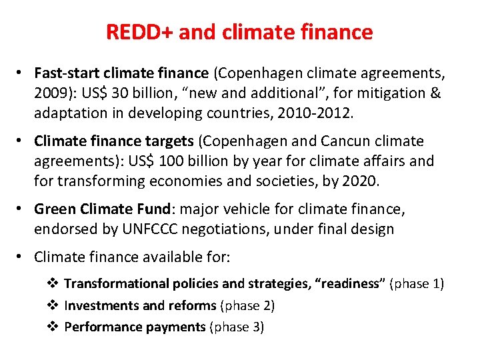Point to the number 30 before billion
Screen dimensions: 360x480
(125, 92)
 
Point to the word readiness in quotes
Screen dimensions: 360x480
(351, 283)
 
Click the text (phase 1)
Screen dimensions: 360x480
(417, 283)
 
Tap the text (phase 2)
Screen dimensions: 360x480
(247, 305)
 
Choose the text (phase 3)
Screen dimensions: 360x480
(237, 327)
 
